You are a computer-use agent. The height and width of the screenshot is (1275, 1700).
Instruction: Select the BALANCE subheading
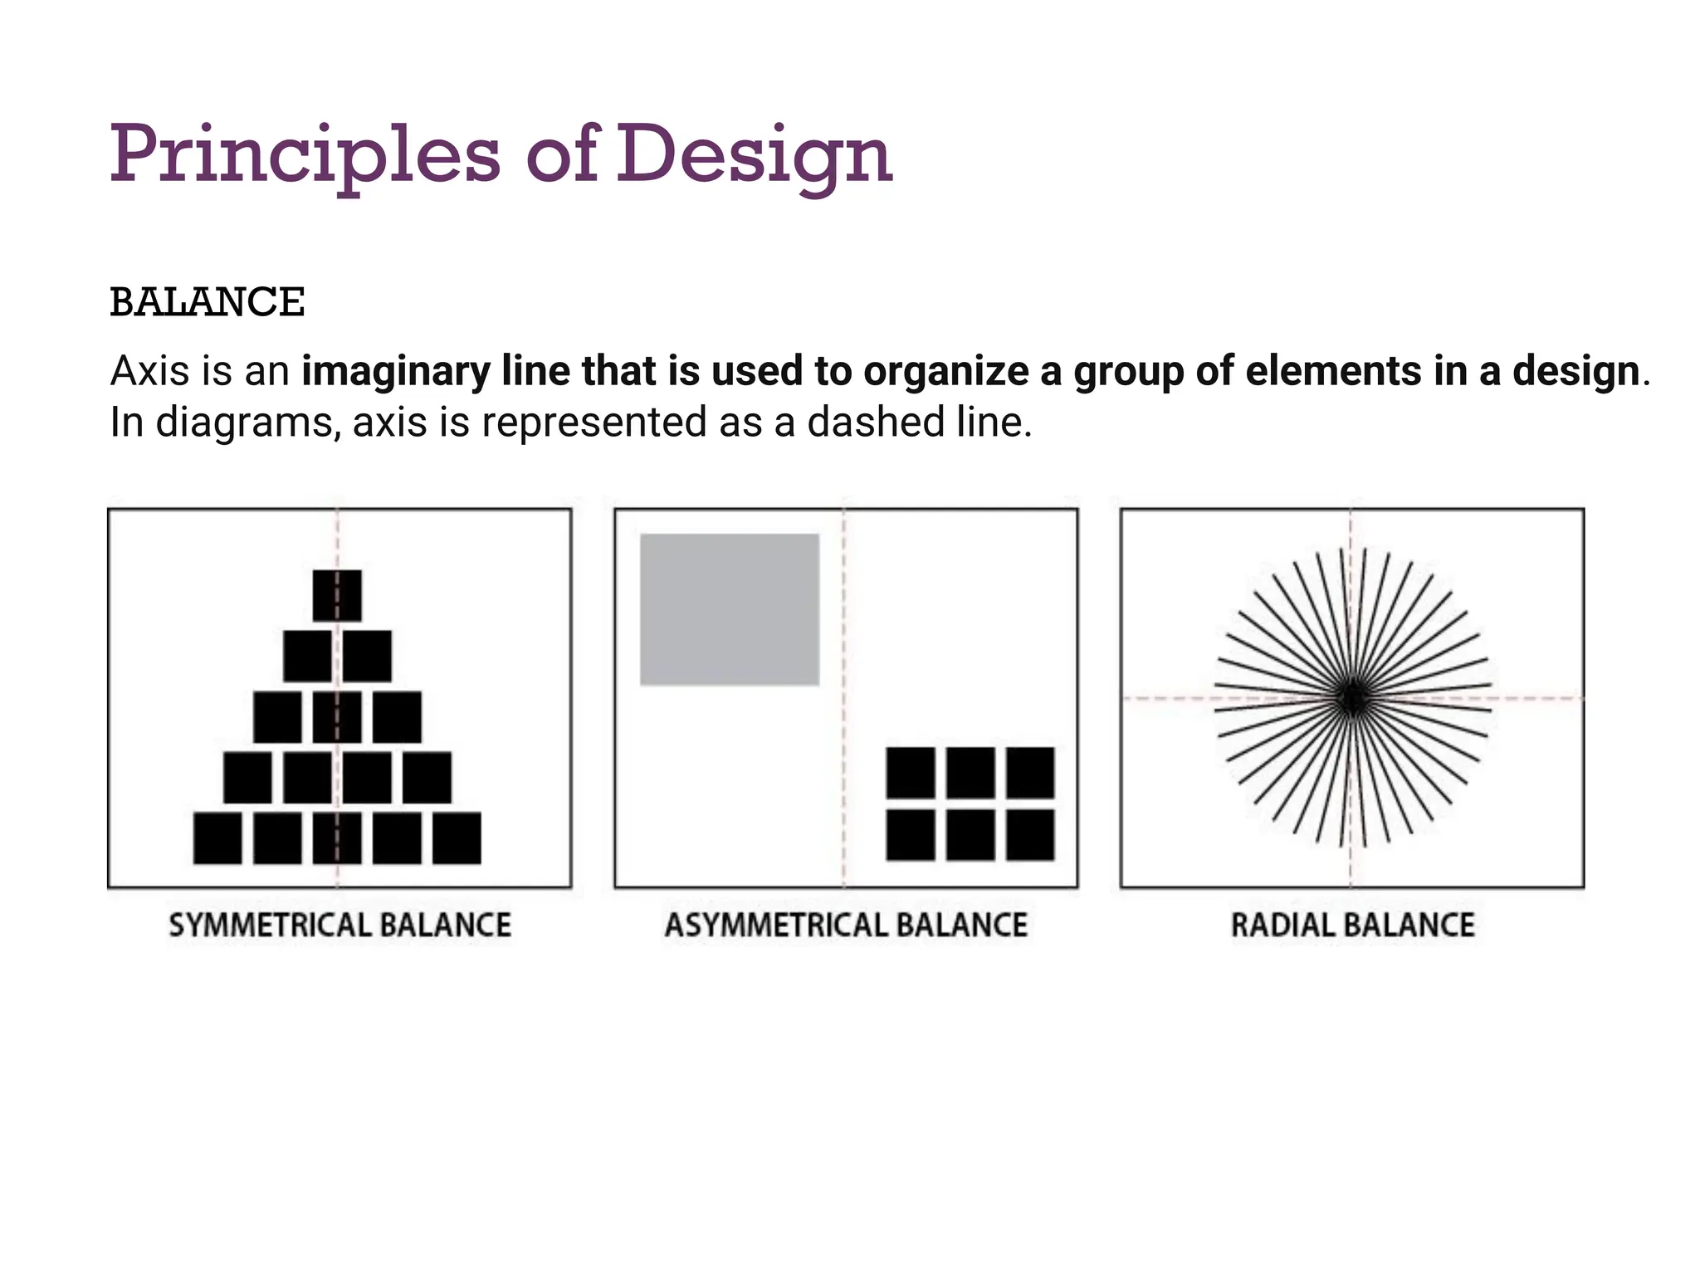click(208, 302)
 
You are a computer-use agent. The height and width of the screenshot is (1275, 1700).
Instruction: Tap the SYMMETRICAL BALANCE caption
click(340, 926)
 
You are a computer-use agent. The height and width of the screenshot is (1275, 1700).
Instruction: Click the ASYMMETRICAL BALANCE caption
click(846, 926)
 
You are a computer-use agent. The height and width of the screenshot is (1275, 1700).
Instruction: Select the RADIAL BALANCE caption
click(1352, 926)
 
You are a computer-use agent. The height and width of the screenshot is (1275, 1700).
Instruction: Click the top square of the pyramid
click(337, 595)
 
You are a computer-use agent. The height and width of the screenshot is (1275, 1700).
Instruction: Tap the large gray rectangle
click(730, 609)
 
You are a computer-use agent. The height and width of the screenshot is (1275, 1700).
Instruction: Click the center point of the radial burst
click(1351, 698)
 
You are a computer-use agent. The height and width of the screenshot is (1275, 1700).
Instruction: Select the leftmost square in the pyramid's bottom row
click(217, 838)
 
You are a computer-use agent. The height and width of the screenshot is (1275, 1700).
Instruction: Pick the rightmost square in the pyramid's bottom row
click(457, 838)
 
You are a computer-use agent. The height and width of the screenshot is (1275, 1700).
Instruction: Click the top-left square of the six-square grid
click(911, 773)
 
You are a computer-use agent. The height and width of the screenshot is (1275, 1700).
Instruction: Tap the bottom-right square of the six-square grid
click(1030, 835)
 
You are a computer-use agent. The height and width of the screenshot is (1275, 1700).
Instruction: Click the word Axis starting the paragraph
click(150, 371)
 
